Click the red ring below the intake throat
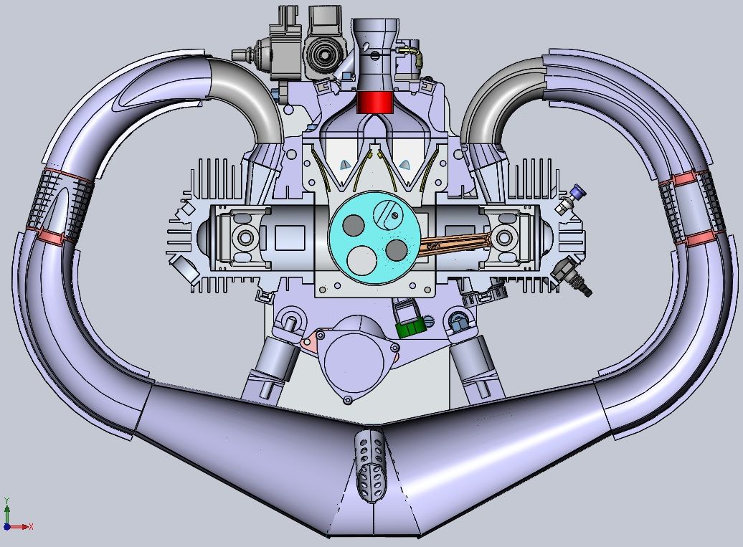pyautogui.click(x=375, y=103)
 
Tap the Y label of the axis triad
pyautogui.click(x=6, y=500)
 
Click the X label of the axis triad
pyautogui.click(x=32, y=526)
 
